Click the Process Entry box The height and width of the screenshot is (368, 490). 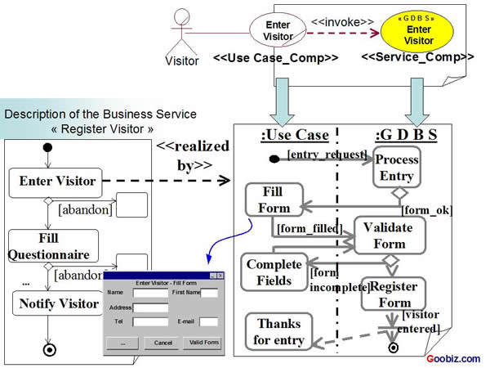coord(397,168)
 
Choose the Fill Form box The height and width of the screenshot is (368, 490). coord(274,200)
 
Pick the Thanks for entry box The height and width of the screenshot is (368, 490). coord(278,332)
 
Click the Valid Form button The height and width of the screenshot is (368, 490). coord(203,343)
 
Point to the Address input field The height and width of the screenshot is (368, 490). coord(150,307)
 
